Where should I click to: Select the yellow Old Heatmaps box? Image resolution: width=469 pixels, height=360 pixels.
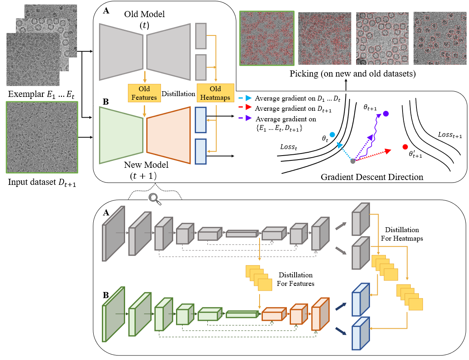click(x=215, y=92)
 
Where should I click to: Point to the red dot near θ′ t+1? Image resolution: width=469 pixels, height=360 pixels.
click(x=405, y=147)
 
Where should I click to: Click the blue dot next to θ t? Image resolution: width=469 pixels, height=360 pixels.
click(x=332, y=134)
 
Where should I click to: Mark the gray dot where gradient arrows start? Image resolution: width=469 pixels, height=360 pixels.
click(x=353, y=161)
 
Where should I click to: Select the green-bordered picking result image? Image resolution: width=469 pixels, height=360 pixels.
click(x=266, y=38)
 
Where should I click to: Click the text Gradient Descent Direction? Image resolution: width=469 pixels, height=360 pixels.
click(x=372, y=178)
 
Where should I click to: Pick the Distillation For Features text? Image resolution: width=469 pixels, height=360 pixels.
click(x=295, y=279)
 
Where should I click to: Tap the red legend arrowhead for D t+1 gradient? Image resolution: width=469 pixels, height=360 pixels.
click(x=249, y=108)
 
